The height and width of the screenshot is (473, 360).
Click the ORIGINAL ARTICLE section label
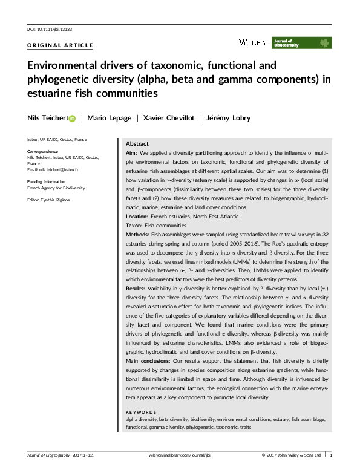[x=60, y=45]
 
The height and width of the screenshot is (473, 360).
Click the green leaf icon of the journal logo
[x=325, y=43]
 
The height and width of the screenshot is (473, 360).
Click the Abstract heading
[x=137, y=144]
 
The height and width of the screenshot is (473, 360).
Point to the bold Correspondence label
[x=42, y=151]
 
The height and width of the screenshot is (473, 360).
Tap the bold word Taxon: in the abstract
[x=135, y=225]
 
